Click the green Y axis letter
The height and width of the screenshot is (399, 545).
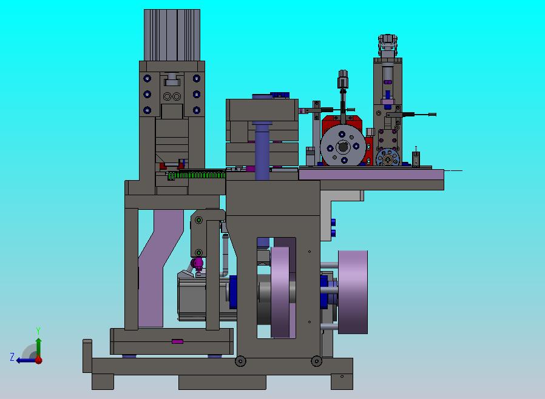tap(38, 330)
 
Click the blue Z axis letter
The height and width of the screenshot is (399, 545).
tap(12, 357)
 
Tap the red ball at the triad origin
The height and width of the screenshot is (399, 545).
tap(39, 360)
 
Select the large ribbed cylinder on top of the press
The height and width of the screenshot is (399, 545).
tap(172, 35)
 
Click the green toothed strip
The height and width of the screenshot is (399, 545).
tap(197, 175)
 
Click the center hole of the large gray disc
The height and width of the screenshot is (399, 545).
tap(344, 147)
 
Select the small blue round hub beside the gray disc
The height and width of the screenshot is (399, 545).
tap(388, 159)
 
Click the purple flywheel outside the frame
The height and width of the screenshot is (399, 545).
tap(353, 292)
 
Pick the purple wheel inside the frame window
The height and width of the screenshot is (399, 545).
tap(280, 292)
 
